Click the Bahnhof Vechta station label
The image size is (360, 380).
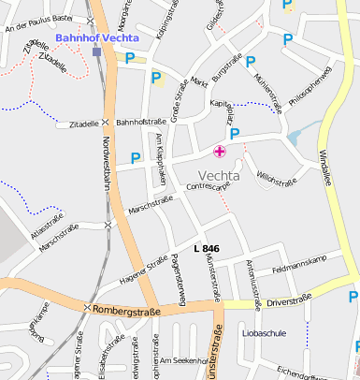(x=97, y=38)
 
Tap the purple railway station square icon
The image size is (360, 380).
(x=97, y=51)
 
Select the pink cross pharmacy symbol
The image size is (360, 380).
(x=220, y=152)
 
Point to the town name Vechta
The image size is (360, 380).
(x=220, y=175)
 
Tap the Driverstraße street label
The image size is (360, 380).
(x=288, y=302)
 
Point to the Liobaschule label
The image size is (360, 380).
(x=264, y=332)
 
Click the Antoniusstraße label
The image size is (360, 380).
(x=251, y=277)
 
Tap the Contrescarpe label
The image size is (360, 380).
(x=208, y=188)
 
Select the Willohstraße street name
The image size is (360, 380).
(x=275, y=174)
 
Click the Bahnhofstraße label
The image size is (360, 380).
(x=140, y=122)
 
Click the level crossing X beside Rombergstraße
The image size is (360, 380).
(x=87, y=308)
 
